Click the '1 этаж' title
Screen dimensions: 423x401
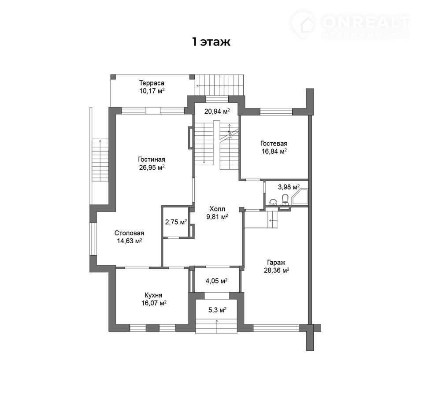point(211,42)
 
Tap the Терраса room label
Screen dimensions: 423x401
point(152,83)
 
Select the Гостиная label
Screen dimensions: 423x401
point(152,160)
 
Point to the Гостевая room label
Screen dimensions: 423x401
point(274,143)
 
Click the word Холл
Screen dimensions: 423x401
point(217,208)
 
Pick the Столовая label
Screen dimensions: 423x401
point(129,233)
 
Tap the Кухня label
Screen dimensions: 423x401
point(153,295)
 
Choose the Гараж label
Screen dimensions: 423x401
point(276,262)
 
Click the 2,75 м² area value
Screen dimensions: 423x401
point(176,222)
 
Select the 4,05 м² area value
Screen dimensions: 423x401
point(217,281)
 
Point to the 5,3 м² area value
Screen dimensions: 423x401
point(217,310)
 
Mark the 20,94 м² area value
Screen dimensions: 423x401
point(217,111)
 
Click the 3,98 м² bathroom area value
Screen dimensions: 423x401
point(289,187)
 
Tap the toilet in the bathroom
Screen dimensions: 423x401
point(285,200)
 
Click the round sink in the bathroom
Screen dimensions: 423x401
point(273,202)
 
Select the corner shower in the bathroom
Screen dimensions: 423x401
point(300,197)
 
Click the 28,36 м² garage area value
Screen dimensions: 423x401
point(277,271)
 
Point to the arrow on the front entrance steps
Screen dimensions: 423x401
point(217,326)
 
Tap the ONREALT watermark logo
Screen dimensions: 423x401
point(351,25)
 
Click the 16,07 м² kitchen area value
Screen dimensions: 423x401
point(154,303)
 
